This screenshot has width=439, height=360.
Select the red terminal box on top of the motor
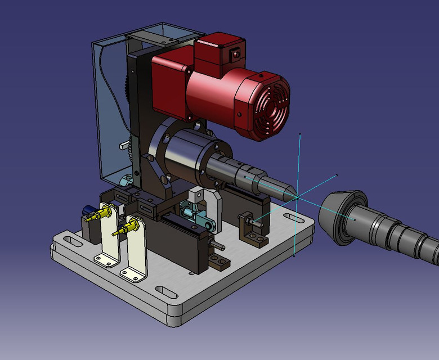pyautogui.click(x=217, y=53)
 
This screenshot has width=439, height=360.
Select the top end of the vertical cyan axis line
pyautogui.click(x=300, y=134)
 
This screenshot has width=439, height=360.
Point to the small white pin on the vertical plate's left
pyautogui.click(x=123, y=146)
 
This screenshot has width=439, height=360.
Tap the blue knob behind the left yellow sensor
pyautogui.click(x=88, y=210)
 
